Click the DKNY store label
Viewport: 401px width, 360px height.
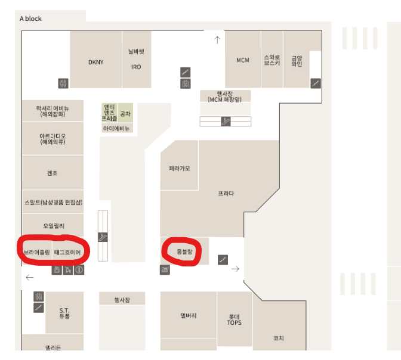tap(95, 62)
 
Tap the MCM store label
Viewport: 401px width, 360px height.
tap(242, 60)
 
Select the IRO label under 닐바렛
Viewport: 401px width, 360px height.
tap(136, 67)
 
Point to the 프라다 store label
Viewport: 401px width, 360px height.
tap(226, 194)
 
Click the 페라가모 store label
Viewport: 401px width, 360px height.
tap(179, 169)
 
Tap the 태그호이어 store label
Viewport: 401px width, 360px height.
tap(67, 253)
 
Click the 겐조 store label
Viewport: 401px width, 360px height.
tap(52, 173)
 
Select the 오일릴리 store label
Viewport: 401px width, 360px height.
tap(53, 226)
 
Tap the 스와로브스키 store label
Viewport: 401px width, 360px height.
tap(272, 60)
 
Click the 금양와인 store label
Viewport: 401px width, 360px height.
tap(297, 60)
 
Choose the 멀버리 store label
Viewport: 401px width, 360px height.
tap(188, 315)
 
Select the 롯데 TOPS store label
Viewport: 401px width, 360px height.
tap(234, 319)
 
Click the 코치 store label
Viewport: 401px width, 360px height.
tap(278, 338)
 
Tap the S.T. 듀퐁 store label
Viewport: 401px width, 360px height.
tap(64, 313)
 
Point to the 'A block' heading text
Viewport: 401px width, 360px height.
tap(30, 18)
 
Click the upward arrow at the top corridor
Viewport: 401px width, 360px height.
tap(217, 41)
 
